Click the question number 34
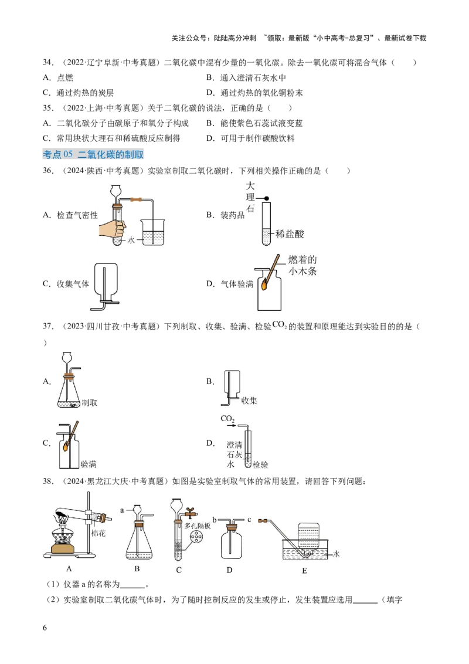coord(48,63)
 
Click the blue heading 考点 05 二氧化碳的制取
coord(93,155)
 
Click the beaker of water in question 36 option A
coord(153,232)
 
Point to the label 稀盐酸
coord(290,234)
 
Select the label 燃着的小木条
coord(303,266)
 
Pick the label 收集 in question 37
coord(249,401)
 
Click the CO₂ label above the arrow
coord(227,418)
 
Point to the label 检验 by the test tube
coord(260,465)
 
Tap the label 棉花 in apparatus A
coord(98,533)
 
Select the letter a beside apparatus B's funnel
coord(123,510)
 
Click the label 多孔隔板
coord(197,526)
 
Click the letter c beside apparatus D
coord(249,520)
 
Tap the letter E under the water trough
coord(304,571)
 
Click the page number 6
coord(45,628)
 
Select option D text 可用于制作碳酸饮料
coord(257,138)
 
